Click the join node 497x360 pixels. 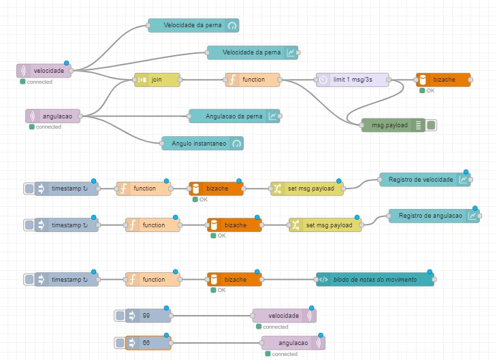[x=157, y=80]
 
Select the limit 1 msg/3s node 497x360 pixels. [x=353, y=80]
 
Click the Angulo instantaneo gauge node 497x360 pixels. [x=202, y=144]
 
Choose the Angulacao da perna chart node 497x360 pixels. [x=235, y=116]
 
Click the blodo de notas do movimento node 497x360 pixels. [x=375, y=279]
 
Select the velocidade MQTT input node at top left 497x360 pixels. [x=44, y=71]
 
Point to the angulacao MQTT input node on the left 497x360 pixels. [x=53, y=116]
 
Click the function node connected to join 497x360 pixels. [x=253, y=80]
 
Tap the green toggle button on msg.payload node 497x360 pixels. [x=431, y=125]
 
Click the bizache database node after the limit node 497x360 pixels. [x=443, y=80]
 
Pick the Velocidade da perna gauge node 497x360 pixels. [x=193, y=26]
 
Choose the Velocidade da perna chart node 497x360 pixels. [x=253, y=52]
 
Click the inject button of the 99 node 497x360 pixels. [x=121, y=316]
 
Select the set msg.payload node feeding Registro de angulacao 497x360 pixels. [x=325, y=225]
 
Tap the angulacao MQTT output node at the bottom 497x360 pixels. [x=293, y=343]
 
